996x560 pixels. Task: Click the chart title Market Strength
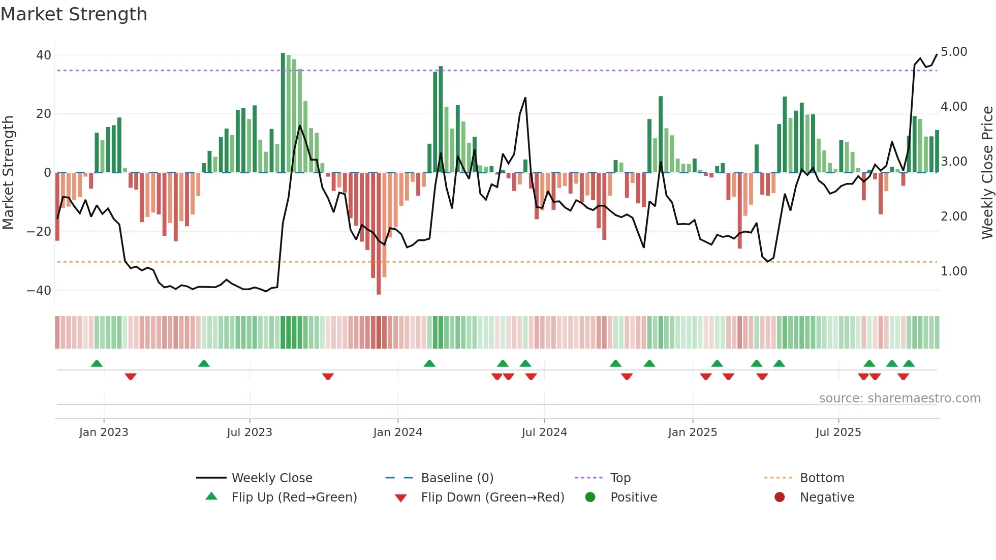[x=74, y=14]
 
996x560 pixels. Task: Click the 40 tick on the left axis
[x=44, y=55]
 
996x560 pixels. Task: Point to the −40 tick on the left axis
[x=39, y=291]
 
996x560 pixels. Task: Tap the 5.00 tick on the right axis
[x=953, y=52]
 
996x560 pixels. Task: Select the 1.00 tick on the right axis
[x=953, y=271]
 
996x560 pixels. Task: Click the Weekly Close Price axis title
[x=987, y=172]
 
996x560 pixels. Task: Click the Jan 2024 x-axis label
[x=397, y=432]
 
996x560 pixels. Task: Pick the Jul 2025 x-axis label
[x=838, y=432]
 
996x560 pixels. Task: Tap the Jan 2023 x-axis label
[x=104, y=432]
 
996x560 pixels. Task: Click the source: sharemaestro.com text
[x=899, y=398]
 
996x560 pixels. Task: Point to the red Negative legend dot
[x=780, y=497]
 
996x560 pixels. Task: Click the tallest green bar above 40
[x=283, y=112]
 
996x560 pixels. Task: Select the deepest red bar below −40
[x=379, y=234]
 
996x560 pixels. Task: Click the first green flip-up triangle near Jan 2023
[x=97, y=363]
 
